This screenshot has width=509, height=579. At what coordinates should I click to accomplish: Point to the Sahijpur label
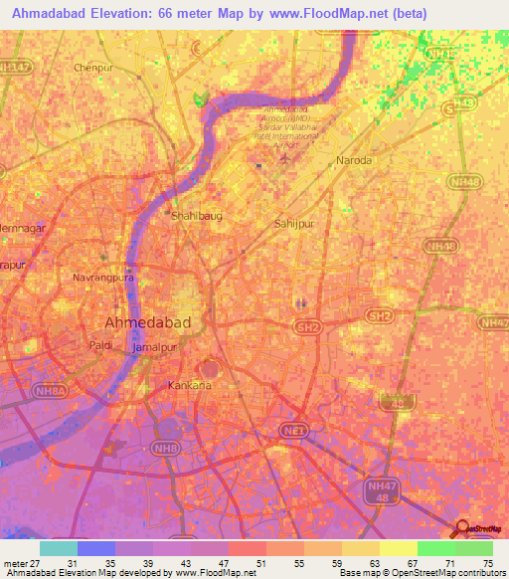[x=294, y=224]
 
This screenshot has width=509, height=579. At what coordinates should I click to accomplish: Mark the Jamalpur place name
[x=154, y=350]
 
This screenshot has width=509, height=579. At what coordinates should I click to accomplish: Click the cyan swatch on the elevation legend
[x=59, y=548]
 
